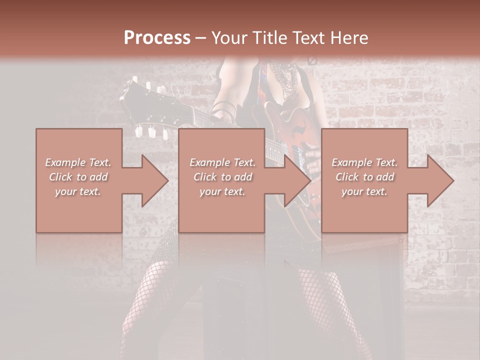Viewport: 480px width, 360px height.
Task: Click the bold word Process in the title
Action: (157, 37)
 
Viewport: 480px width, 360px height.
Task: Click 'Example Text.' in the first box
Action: (78, 162)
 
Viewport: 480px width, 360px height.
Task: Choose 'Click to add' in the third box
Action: (364, 177)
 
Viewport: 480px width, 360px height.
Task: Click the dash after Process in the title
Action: (201, 37)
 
